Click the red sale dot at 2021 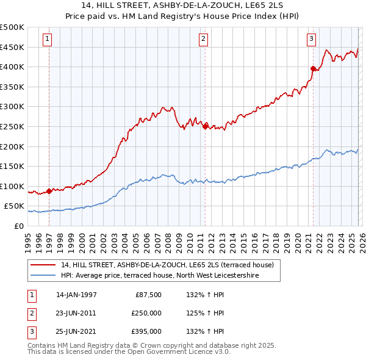point(313,69)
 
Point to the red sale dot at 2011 point(205,126)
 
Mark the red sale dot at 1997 point(49,191)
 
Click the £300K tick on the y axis point(12,107)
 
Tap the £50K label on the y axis point(15,207)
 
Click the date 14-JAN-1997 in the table point(76,295)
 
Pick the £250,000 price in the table point(146,313)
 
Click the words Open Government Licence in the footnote point(172,352)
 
